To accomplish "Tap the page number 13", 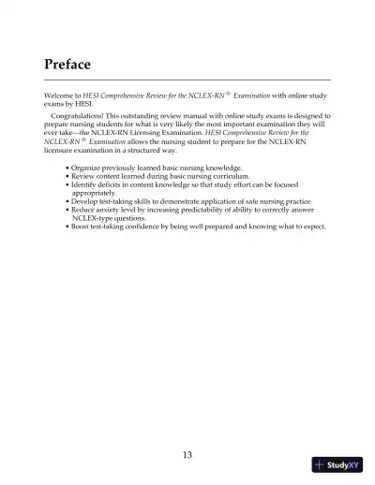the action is (x=187, y=455).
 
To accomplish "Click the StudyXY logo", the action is (x=338, y=465).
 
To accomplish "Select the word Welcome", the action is (x=61, y=97).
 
